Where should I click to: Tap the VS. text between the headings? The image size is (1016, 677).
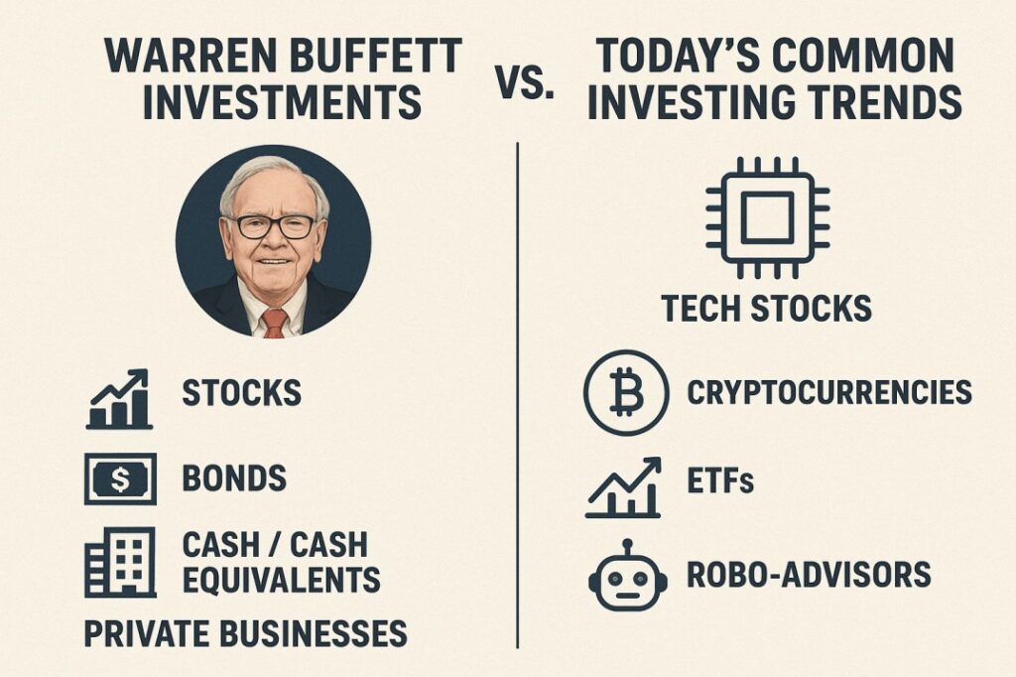click(x=526, y=83)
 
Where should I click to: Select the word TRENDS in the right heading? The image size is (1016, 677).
click(x=872, y=102)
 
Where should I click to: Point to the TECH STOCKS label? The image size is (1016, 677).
click(x=767, y=308)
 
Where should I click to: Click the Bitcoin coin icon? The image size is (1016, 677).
click(x=625, y=392)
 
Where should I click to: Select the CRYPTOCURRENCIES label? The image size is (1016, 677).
click(x=829, y=392)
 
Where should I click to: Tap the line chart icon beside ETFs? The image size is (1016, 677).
click(x=623, y=487)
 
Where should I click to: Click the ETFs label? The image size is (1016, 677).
click(x=720, y=480)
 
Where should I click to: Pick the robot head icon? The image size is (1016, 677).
click(x=627, y=576)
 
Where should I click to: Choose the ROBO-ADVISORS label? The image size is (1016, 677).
click(x=809, y=575)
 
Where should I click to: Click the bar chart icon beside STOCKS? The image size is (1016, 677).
click(x=119, y=399)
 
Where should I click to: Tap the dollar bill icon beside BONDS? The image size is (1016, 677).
click(x=120, y=479)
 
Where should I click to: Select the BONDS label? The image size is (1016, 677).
click(x=234, y=478)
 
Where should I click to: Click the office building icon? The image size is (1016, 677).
click(x=120, y=562)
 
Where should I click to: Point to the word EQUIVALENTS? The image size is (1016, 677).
click(x=281, y=579)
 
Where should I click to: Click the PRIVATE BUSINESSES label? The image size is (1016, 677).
click(x=246, y=633)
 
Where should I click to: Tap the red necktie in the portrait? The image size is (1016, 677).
click(x=274, y=323)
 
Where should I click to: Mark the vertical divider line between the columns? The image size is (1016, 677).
click(x=518, y=395)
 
